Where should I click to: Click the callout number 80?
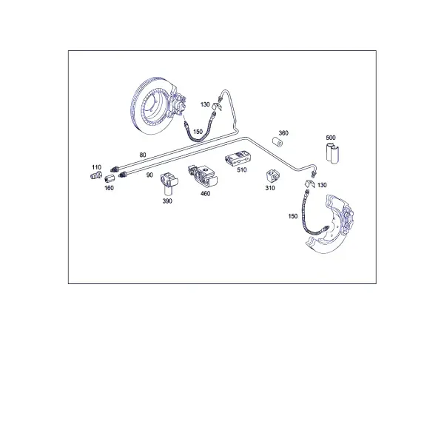(x=143, y=155)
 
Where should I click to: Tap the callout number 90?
(x=149, y=175)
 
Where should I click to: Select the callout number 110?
(x=96, y=167)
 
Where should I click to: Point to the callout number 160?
(x=109, y=188)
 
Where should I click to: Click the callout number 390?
(x=167, y=201)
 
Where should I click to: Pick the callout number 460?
(x=205, y=193)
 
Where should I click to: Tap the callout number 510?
(x=242, y=170)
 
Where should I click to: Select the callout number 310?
(x=270, y=188)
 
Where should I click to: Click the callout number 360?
(x=283, y=133)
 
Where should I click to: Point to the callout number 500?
(x=331, y=138)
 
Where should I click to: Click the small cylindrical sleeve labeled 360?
(x=277, y=142)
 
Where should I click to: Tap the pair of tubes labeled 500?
(x=332, y=154)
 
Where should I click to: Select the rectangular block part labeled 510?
(x=238, y=158)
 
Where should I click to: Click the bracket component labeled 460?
(x=203, y=177)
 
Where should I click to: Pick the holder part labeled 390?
(x=169, y=184)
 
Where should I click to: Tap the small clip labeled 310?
(x=272, y=177)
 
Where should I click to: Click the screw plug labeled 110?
(x=96, y=175)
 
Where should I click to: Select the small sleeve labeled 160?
(x=110, y=179)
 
